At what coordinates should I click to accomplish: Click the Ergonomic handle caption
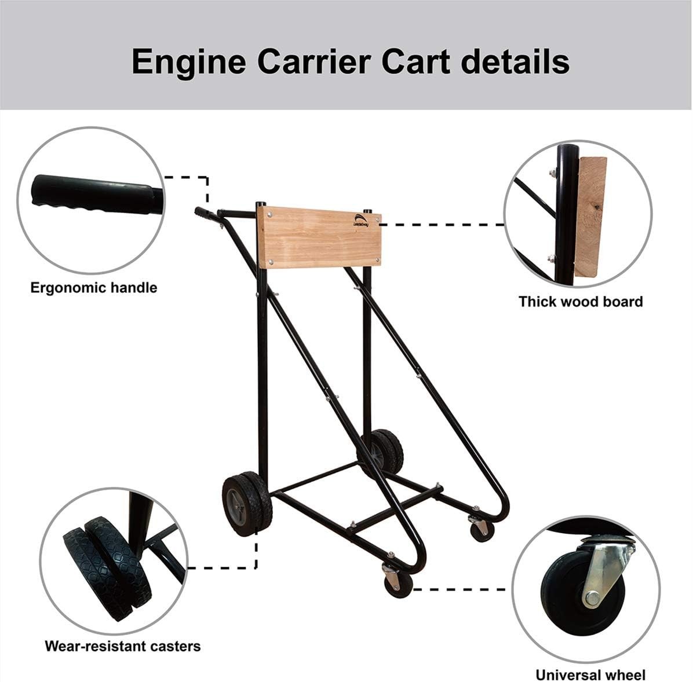(x=93, y=288)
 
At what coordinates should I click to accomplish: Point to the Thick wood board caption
(x=581, y=302)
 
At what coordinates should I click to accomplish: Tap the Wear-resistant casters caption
(x=123, y=646)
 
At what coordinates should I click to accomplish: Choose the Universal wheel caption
(x=590, y=675)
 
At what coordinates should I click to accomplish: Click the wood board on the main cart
(x=319, y=237)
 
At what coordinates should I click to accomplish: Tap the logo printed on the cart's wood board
(x=360, y=218)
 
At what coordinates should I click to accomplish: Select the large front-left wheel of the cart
(x=247, y=503)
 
